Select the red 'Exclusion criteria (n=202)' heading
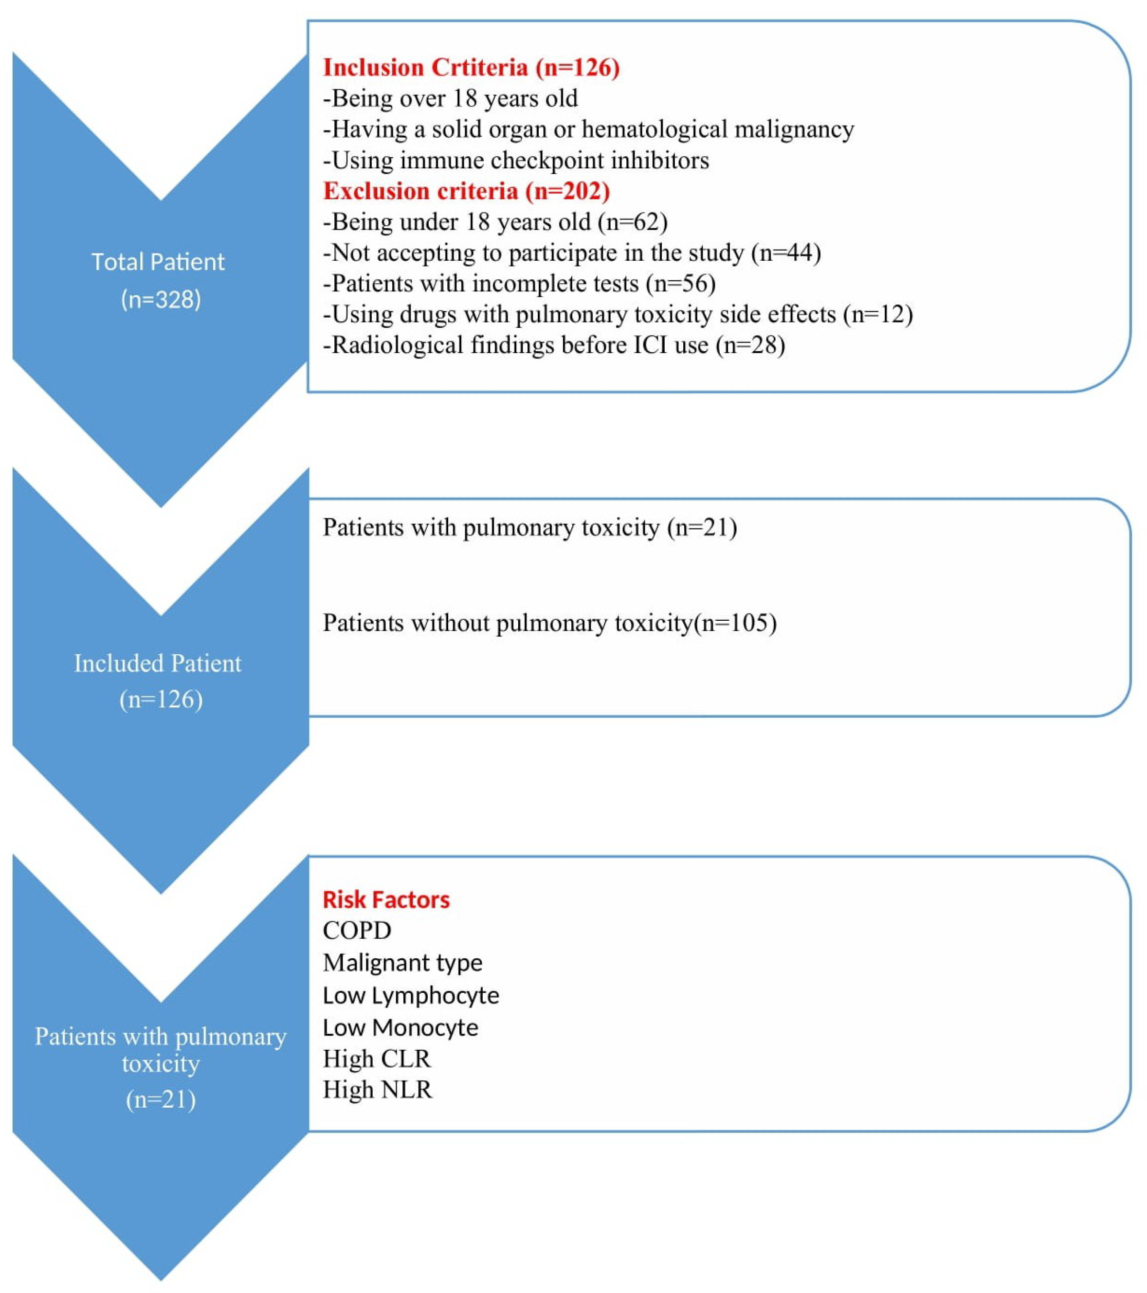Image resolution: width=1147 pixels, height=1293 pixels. [x=466, y=191]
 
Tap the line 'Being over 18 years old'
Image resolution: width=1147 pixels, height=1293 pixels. [x=451, y=99]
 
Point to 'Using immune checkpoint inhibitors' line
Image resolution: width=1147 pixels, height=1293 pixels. [x=516, y=161]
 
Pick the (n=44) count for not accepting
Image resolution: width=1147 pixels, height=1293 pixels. [x=786, y=253]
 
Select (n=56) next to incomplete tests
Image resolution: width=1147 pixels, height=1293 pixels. [x=681, y=284]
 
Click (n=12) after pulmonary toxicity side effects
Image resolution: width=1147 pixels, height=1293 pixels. [x=878, y=314]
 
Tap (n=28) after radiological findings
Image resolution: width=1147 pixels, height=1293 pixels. [x=750, y=345]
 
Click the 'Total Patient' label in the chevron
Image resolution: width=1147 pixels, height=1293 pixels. [x=158, y=262]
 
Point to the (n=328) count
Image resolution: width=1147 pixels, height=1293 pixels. [x=161, y=299]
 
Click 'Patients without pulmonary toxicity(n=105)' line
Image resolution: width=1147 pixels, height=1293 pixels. [x=549, y=623]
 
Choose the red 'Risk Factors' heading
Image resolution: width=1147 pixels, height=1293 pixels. [x=386, y=899]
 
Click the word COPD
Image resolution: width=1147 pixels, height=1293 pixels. [x=357, y=931]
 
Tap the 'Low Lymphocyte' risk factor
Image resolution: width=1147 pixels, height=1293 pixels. [x=411, y=996]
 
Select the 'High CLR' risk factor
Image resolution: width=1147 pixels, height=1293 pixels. [x=377, y=1059]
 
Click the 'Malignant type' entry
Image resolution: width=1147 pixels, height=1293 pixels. [x=402, y=963]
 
